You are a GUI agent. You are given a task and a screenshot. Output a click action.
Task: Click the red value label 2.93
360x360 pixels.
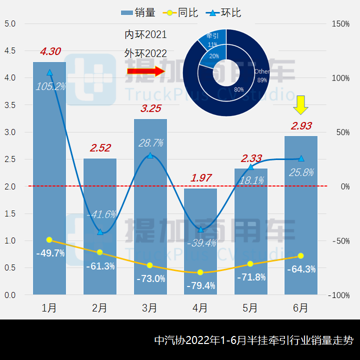point(301,126)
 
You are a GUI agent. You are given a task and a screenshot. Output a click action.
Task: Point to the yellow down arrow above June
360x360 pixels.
point(301,105)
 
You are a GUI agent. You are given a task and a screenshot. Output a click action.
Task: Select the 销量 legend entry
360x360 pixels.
point(138,12)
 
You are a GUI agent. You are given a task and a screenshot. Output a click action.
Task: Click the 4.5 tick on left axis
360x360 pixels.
point(10,51)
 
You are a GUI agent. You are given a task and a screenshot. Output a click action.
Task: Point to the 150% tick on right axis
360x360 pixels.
point(339,24)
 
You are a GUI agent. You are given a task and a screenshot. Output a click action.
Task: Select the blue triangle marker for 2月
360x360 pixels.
point(100,232)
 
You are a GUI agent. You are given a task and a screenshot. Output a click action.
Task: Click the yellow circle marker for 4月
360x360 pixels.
point(200,272)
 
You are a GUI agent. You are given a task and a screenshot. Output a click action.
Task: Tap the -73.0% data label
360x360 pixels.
point(150,278)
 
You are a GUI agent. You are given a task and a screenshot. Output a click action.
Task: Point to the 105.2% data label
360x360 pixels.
point(50,86)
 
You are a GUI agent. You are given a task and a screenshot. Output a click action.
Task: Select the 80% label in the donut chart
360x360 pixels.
point(238,89)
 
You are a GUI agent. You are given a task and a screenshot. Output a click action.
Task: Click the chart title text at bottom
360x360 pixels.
point(253,340)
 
